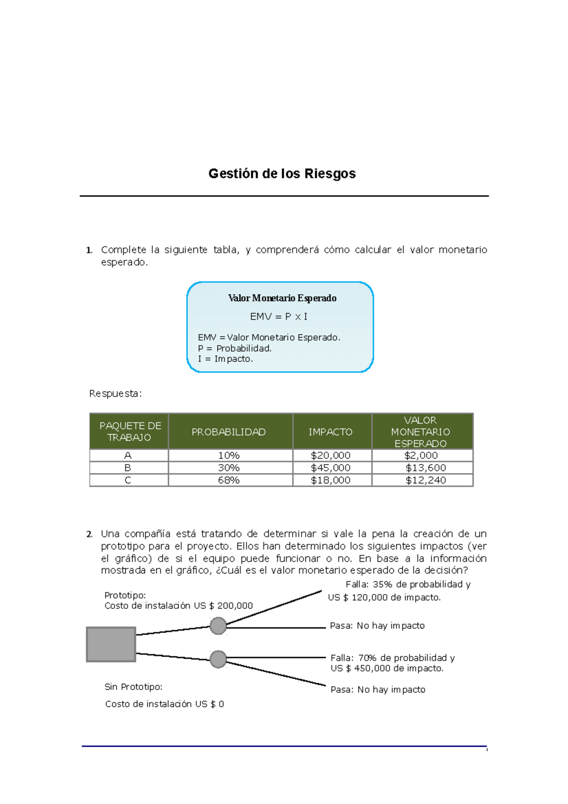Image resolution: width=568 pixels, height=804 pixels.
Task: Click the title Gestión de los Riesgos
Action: [282, 174]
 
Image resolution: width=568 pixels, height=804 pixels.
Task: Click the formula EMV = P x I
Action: [279, 317]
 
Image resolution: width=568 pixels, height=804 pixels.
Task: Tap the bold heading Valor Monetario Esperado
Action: [282, 298]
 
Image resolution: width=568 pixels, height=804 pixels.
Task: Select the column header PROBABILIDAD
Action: [229, 432]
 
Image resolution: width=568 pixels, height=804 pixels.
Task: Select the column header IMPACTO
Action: [330, 432]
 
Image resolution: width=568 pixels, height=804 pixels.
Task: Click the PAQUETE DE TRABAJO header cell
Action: [130, 431]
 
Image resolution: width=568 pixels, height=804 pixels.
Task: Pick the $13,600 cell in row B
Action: [426, 468]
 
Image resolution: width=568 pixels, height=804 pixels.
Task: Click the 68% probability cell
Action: [229, 480]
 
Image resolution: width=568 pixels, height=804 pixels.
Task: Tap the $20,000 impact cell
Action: [330, 456]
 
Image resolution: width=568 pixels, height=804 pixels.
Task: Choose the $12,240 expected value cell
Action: [426, 480]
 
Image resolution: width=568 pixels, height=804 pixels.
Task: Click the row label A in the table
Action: [128, 456]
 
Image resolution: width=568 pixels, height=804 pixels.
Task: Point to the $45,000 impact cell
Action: [330, 468]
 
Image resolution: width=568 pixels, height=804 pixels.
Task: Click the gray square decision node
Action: [111, 644]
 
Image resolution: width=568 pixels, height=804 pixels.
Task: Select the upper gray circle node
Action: [218, 625]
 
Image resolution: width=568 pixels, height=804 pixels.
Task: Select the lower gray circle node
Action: [218, 659]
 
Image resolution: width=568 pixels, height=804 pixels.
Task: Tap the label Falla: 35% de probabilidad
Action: [408, 584]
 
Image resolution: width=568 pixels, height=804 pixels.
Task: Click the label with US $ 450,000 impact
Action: [387, 668]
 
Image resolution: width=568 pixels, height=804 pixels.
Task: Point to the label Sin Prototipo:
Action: [133, 687]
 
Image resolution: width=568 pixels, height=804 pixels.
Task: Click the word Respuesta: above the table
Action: [115, 393]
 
